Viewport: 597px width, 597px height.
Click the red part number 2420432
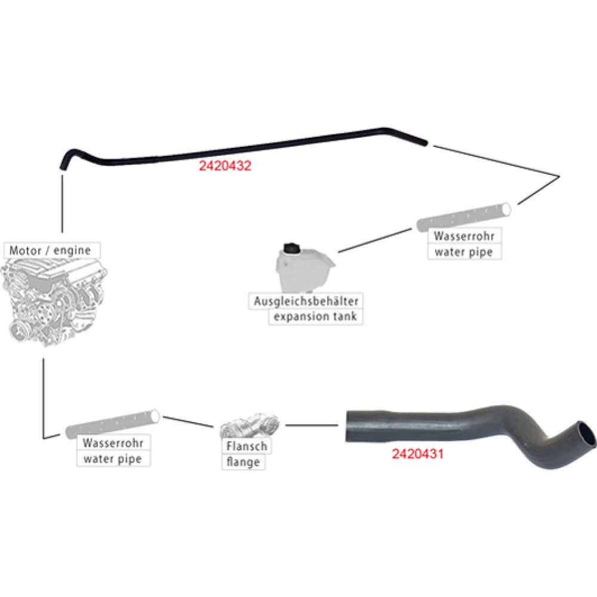[x=225, y=165]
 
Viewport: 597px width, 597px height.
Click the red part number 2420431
[x=418, y=454]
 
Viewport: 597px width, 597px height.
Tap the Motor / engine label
[x=50, y=251]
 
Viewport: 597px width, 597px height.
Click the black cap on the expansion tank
[x=292, y=248]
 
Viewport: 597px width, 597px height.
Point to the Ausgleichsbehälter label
[x=306, y=301]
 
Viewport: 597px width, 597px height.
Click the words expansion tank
[x=315, y=316]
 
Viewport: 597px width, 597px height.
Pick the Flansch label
[x=247, y=446]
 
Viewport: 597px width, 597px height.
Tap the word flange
[x=244, y=462]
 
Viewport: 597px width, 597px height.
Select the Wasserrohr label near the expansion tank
[x=464, y=236]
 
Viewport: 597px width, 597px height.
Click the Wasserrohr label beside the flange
[x=113, y=443]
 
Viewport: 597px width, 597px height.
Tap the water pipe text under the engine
[x=113, y=458]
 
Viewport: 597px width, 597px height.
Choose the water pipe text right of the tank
[x=464, y=252]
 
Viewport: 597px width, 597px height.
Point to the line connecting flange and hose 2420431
[x=312, y=425]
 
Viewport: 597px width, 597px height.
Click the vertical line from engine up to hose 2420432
[x=62, y=204]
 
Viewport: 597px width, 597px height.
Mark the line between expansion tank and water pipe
[x=375, y=240]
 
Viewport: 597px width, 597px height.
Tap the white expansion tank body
[x=304, y=270]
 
